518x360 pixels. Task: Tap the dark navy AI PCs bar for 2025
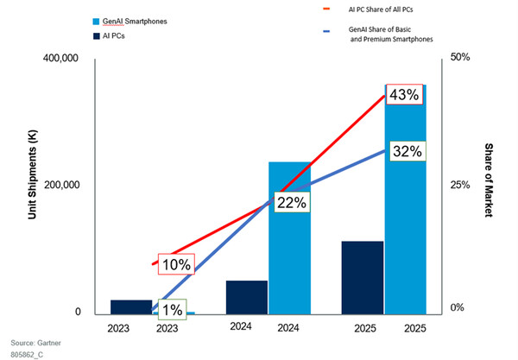click(363, 276)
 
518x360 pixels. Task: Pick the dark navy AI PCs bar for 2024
click(247, 296)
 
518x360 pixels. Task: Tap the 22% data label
click(294, 201)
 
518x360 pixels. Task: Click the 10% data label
click(174, 264)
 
